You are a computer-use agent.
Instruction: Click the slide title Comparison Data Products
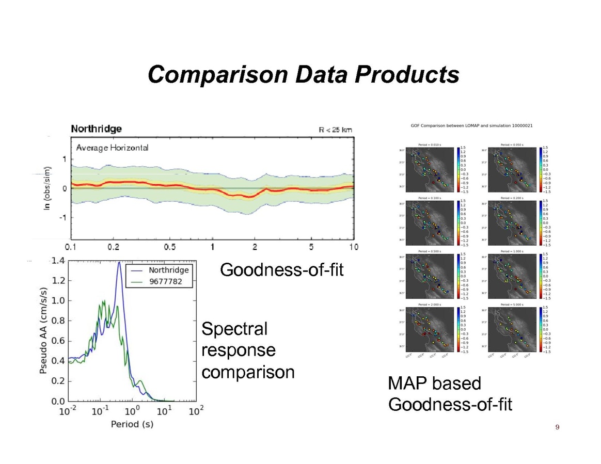(x=303, y=74)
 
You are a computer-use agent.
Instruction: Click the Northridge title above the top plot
(x=96, y=129)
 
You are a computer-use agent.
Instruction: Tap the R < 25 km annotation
(x=335, y=130)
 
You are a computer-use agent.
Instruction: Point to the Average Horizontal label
(x=112, y=148)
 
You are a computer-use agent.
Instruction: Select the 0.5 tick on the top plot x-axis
(x=169, y=247)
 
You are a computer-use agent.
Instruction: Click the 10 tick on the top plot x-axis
(x=353, y=247)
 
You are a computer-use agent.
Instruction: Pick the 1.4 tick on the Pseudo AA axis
(x=58, y=261)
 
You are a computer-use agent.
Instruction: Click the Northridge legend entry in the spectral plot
(x=168, y=270)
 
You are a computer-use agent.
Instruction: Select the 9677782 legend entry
(x=168, y=282)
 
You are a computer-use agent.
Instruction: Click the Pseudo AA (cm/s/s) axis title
(x=45, y=331)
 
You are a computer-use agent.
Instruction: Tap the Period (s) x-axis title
(x=132, y=424)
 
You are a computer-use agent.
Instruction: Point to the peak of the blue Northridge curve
(x=119, y=262)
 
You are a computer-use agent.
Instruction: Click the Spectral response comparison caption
(x=247, y=350)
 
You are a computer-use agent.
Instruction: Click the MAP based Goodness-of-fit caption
(x=449, y=394)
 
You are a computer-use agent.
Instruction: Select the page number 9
(x=557, y=427)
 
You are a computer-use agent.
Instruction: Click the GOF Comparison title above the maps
(x=471, y=125)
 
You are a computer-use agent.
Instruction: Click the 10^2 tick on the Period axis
(x=196, y=411)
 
